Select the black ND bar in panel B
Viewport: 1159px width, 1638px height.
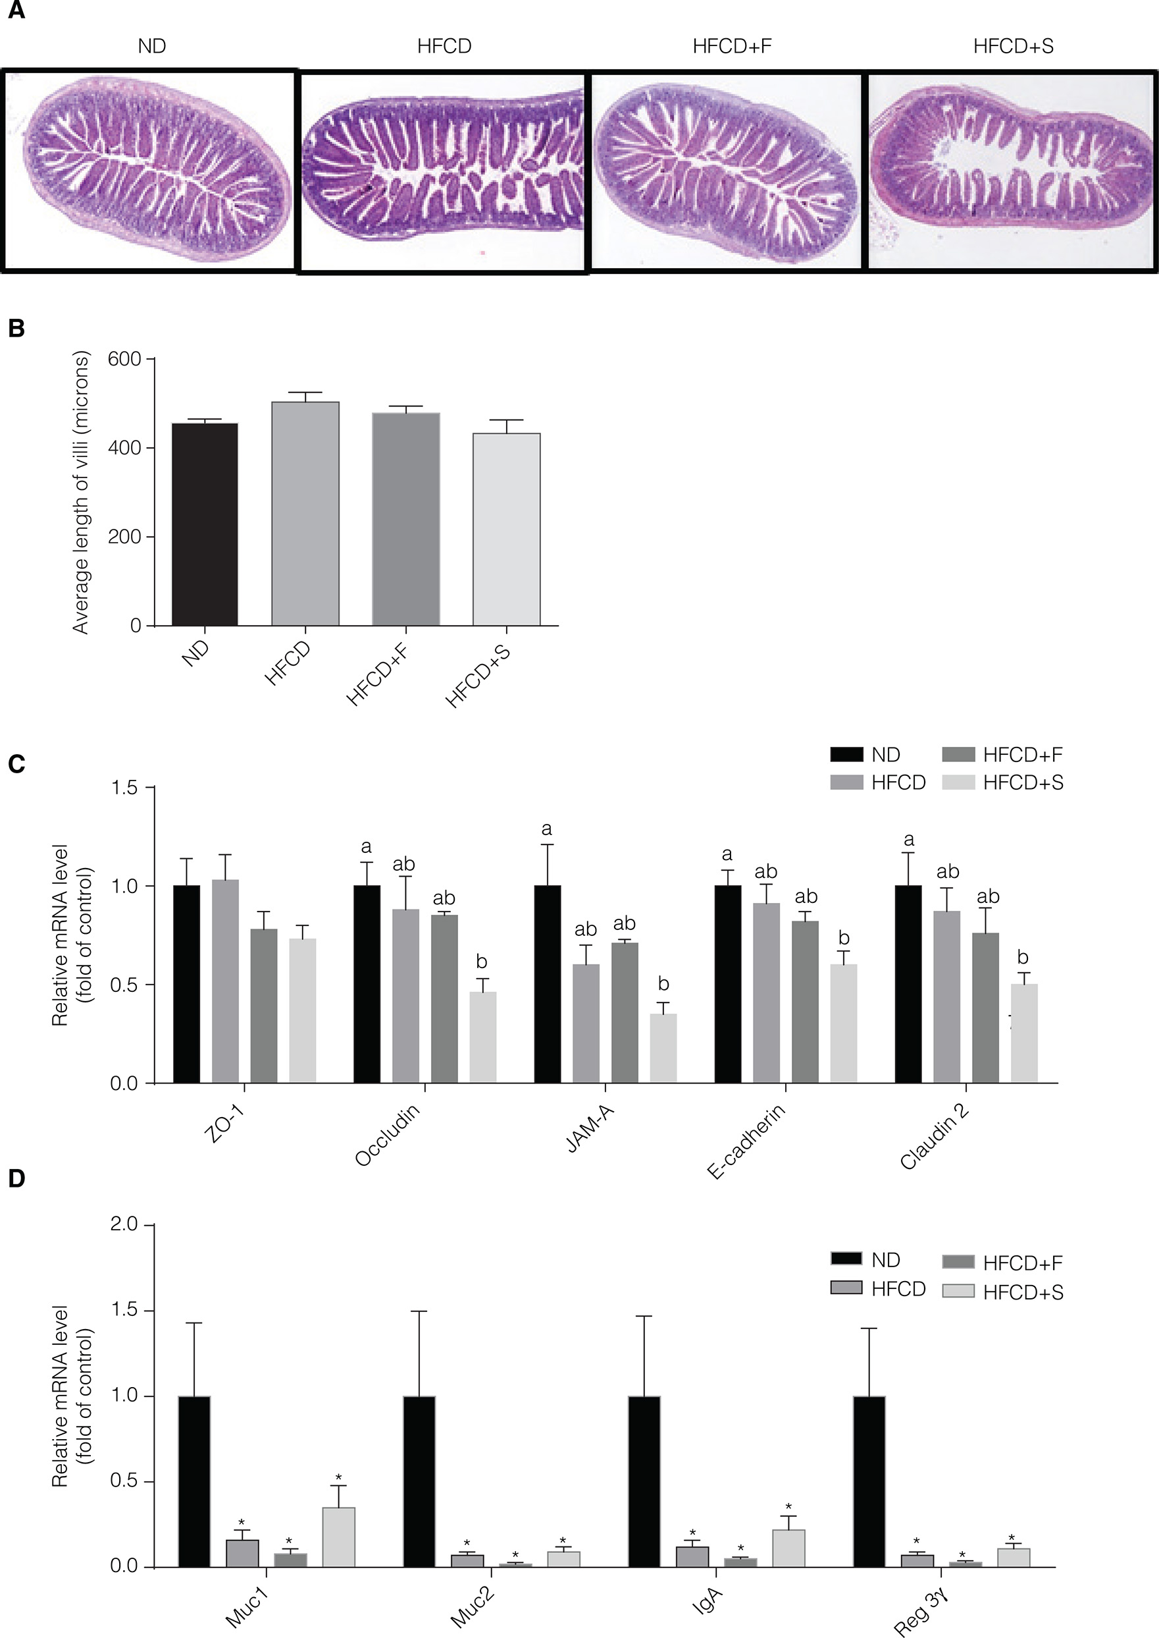205,524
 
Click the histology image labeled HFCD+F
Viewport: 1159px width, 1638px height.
727,171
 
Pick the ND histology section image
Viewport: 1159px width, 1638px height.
150,171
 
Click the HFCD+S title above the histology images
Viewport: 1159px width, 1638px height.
1013,46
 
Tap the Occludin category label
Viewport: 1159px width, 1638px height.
387,1135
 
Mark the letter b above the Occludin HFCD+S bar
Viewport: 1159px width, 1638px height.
482,962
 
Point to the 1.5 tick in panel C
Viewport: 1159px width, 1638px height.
124,788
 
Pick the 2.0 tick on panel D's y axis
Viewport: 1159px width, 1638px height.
124,1224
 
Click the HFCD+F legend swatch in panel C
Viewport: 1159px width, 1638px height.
958,755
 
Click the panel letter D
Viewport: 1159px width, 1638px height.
16,1179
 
